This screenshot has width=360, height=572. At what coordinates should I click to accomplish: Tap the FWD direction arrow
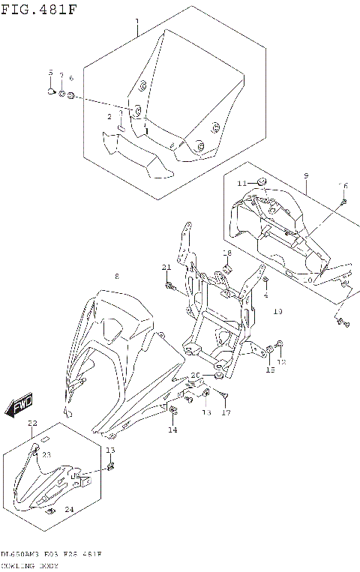[x=18, y=405]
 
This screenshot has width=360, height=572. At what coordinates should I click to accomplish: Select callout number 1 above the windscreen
[x=136, y=21]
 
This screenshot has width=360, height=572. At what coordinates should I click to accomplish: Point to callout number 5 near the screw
[x=51, y=73]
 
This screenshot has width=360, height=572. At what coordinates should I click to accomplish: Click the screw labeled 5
[x=51, y=91]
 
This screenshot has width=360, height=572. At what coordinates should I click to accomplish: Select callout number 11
[x=241, y=183]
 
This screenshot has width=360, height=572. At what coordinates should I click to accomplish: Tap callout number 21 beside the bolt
[x=166, y=268]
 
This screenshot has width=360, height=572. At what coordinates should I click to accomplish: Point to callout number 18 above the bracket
[x=226, y=253]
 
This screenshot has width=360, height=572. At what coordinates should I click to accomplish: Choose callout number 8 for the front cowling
[x=117, y=277]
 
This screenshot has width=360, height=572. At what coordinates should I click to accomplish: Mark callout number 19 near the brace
[x=277, y=310]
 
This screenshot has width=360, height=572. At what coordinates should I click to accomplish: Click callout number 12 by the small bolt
[x=282, y=361]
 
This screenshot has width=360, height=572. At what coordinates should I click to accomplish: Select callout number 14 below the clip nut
[x=172, y=430]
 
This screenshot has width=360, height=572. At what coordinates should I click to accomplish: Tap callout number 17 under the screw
[x=225, y=412]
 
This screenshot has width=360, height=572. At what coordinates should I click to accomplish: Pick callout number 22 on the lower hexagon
[x=32, y=424]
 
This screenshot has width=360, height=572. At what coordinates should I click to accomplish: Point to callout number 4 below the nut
[x=265, y=295]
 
